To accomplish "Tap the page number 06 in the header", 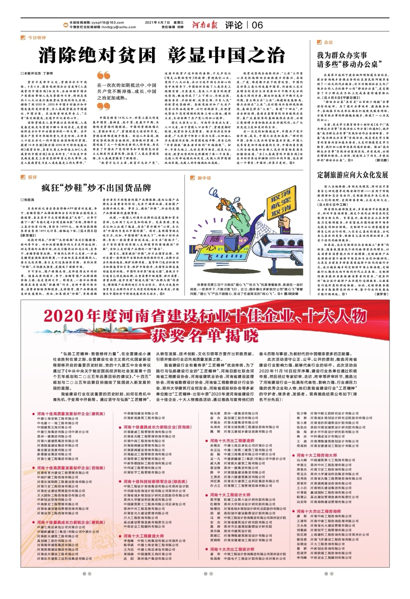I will [x=257, y=25].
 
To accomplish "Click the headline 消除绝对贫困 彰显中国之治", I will [x=161, y=55].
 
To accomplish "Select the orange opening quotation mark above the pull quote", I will [x=103, y=76].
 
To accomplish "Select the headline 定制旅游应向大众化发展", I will [x=352, y=175].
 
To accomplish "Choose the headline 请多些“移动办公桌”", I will [x=348, y=65].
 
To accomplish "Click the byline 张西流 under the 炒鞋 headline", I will [x=29, y=200].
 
